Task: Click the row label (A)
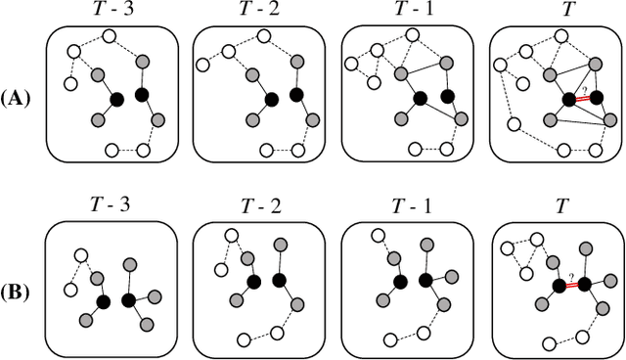pyautogui.click(x=19, y=97)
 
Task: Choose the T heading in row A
pyautogui.click(x=554, y=13)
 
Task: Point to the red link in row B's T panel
pyautogui.click(x=572, y=285)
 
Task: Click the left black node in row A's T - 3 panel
pyautogui.click(x=117, y=99)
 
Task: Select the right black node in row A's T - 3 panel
pyautogui.click(x=141, y=94)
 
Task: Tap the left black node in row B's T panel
pyautogui.click(x=559, y=286)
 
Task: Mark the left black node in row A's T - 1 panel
pyautogui.click(x=421, y=99)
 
